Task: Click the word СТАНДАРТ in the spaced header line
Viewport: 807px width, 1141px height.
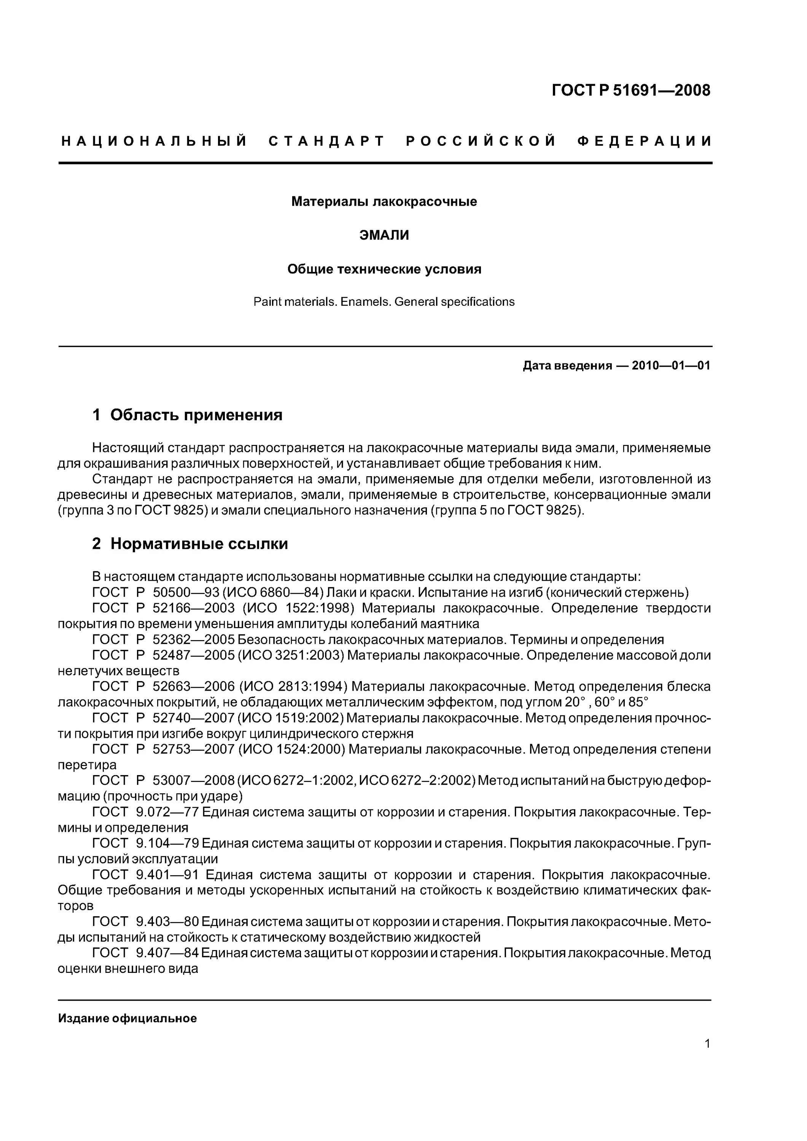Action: click(x=327, y=141)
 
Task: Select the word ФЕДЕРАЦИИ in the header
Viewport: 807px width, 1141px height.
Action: click(x=645, y=141)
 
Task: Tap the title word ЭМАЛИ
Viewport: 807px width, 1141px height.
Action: click(x=384, y=235)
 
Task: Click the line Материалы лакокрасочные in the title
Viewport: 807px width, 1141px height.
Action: click(x=384, y=201)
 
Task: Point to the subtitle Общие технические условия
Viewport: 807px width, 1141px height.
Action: click(x=384, y=269)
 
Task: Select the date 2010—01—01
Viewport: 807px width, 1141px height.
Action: click(x=671, y=366)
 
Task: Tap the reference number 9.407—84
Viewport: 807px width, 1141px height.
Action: click(x=167, y=953)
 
